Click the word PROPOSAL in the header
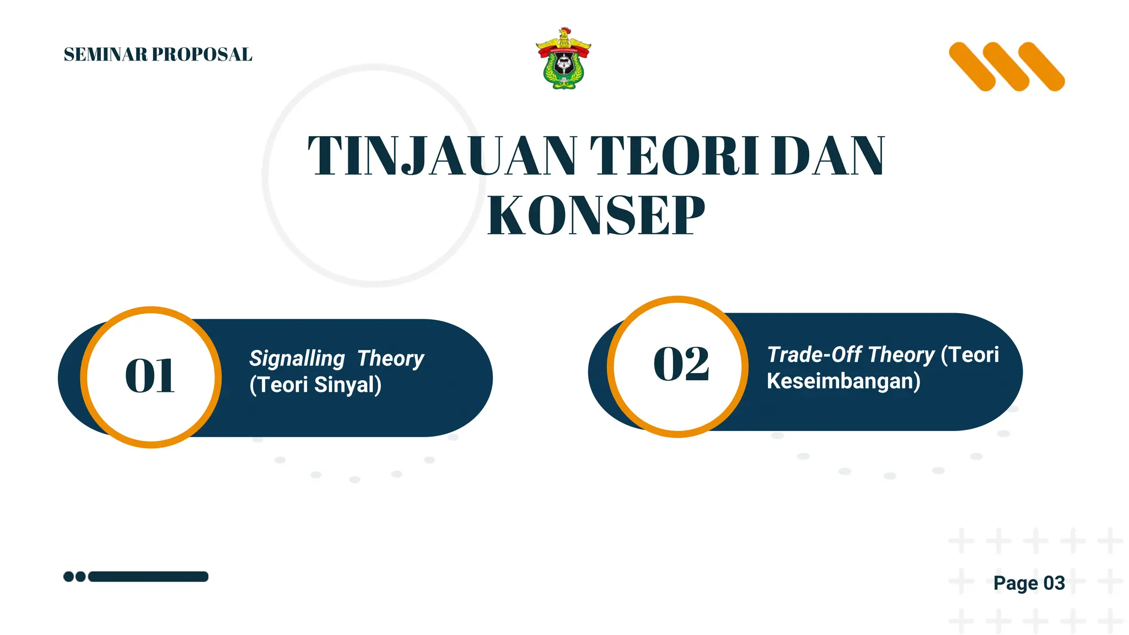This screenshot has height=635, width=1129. [202, 55]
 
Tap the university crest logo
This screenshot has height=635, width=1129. [563, 61]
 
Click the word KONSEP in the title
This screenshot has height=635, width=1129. [596, 216]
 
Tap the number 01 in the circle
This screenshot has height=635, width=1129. [150, 376]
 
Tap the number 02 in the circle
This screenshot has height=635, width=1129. [681, 364]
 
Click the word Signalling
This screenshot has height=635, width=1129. [297, 359]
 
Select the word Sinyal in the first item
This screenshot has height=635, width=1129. [347, 385]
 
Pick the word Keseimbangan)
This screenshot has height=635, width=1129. [843, 381]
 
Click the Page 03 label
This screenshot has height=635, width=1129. [1029, 583]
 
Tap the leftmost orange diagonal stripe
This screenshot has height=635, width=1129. [972, 67]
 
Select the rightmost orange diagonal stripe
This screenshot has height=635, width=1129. [1041, 67]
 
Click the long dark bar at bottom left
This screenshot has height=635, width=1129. [148, 577]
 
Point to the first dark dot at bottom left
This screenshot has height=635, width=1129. [68, 577]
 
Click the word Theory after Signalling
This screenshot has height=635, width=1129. [390, 359]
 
